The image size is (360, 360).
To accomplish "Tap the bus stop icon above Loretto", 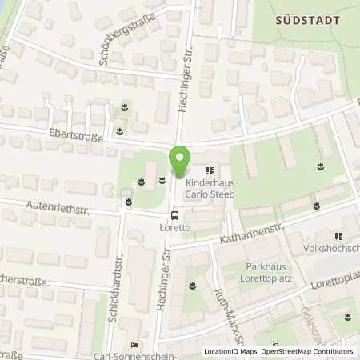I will click(174, 214).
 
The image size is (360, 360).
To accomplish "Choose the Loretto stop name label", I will click(174, 227).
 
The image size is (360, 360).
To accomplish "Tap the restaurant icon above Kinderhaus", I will click(210, 170).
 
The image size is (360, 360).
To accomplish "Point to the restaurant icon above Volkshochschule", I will click(338, 236).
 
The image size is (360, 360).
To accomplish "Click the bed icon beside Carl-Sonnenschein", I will click(135, 345).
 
